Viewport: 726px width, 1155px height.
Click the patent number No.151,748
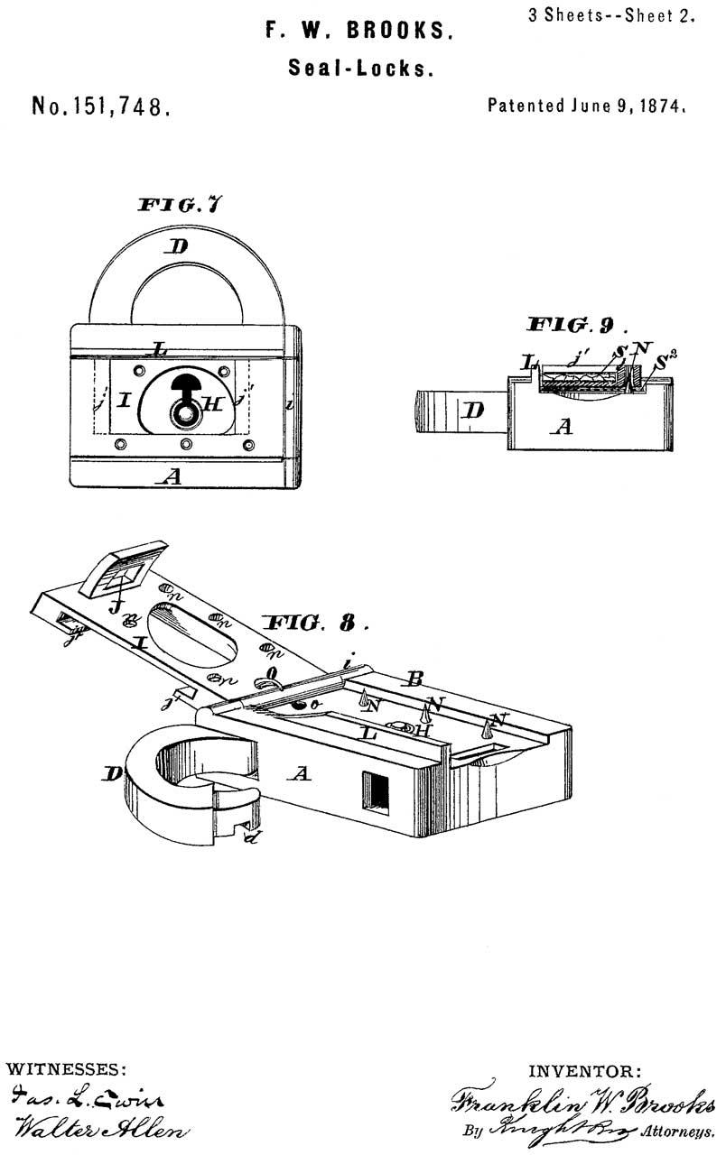tap(100, 107)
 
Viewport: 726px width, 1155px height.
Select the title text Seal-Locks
tap(359, 69)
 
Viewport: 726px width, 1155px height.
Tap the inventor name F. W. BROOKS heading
tap(359, 32)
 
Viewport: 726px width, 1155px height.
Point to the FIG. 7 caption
tap(180, 205)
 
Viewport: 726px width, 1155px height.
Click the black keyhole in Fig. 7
tap(188, 389)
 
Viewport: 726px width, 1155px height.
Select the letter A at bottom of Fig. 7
tap(171, 477)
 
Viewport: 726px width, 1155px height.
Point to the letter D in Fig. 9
tap(473, 411)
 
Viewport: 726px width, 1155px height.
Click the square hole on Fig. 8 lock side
tap(376, 790)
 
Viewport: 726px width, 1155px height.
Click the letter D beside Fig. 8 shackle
tap(112, 773)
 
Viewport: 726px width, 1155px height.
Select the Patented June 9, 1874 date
tap(588, 106)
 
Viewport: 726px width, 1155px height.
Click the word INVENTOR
tap(585, 1072)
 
